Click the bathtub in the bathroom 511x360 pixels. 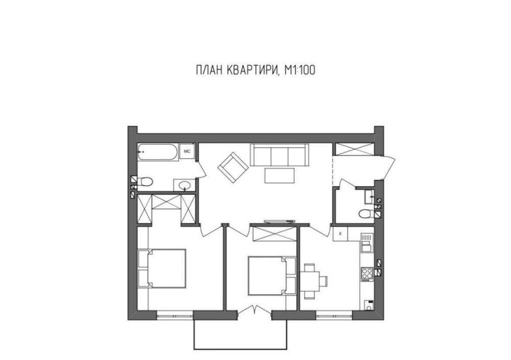point(158,152)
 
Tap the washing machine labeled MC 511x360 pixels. point(187,151)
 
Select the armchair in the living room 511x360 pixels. point(233,167)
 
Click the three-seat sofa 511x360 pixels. point(279,154)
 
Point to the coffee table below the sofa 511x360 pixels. point(280,175)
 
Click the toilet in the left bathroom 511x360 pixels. point(145,182)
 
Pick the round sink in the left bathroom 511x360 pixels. point(184,185)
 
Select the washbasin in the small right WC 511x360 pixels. point(369,196)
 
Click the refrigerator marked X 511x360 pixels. point(340,234)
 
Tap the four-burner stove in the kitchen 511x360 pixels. point(367,274)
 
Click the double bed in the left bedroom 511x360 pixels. point(162,268)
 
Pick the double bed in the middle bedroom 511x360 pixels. point(272,276)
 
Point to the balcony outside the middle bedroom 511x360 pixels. point(240,335)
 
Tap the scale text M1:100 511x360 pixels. point(300,70)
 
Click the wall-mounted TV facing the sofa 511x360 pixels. point(280,221)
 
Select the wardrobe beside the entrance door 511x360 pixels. point(355,149)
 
